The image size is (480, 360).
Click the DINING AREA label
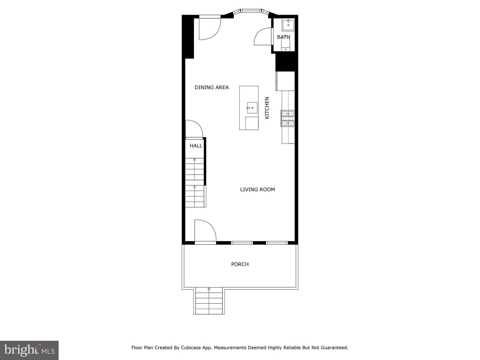pos(212,87)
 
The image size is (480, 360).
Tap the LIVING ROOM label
pos(257,190)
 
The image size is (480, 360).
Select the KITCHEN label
pos(267,108)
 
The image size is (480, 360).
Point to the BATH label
pos(283,37)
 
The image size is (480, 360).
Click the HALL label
pos(196,146)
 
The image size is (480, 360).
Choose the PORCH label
pos(240,264)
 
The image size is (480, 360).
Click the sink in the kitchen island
pos(252,108)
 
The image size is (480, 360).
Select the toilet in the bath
pos(286,45)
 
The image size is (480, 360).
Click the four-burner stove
pos(288,118)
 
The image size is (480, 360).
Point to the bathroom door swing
pos(262,37)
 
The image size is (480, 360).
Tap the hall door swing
pos(194,129)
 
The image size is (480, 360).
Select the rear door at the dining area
pos(210,28)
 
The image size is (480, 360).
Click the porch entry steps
pos(209,301)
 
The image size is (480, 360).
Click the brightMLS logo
pos(29,350)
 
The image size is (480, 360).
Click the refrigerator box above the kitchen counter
pos(285,81)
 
